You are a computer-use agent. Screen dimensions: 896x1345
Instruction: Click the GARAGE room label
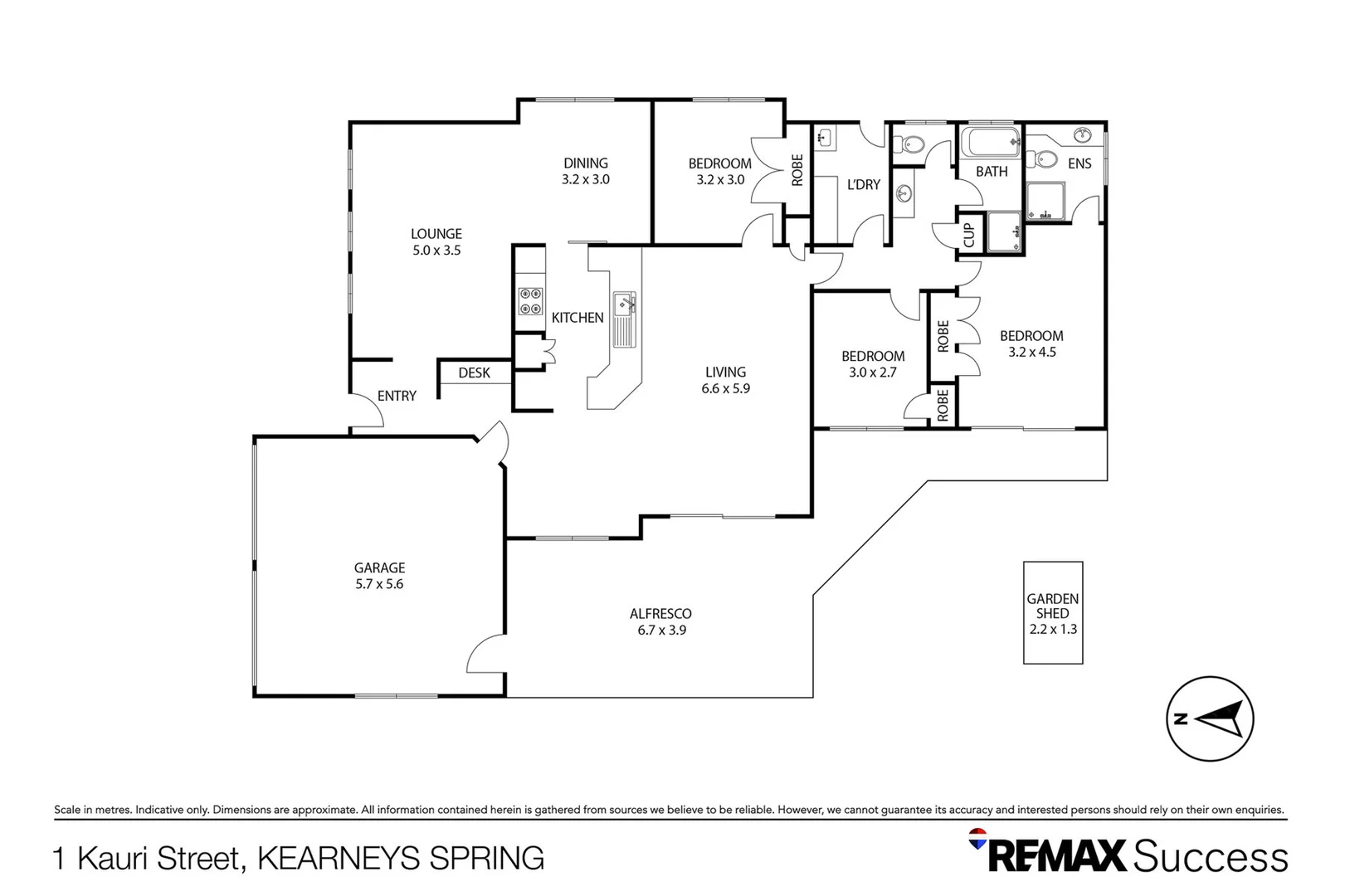(x=379, y=568)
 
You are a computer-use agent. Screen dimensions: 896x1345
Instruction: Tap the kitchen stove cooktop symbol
(x=531, y=301)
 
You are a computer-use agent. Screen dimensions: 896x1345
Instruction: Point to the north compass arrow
(x=1221, y=718)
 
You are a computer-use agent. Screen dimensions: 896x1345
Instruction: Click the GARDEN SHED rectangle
(x=1052, y=613)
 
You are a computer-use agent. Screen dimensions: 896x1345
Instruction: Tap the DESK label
(x=474, y=373)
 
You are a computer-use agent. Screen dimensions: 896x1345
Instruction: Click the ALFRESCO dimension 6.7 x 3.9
(x=661, y=631)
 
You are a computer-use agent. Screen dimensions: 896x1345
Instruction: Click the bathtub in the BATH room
(x=990, y=142)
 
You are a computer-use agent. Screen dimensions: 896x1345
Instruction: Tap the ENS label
(x=1079, y=164)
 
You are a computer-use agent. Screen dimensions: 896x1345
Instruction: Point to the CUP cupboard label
(x=968, y=235)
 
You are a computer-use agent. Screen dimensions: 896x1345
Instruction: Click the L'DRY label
(x=863, y=185)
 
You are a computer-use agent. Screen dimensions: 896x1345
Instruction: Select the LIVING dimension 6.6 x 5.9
(x=725, y=388)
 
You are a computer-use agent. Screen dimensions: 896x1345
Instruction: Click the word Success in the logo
(x=1210, y=857)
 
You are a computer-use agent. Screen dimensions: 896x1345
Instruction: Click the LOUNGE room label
(x=436, y=235)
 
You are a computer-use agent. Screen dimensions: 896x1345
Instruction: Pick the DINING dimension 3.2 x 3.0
(x=585, y=179)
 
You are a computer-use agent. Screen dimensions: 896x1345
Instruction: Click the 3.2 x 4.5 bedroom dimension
(x=1031, y=352)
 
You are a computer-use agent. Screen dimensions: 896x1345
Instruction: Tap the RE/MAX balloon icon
(x=977, y=838)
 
